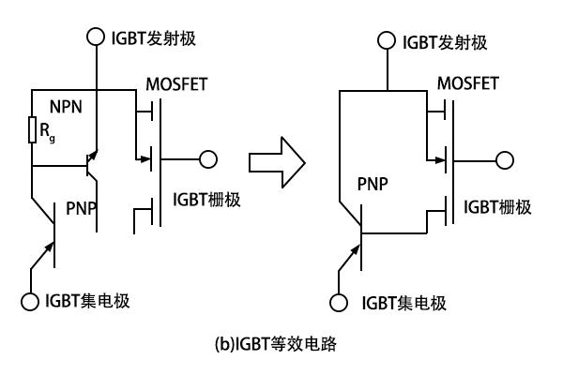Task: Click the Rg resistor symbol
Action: (x=32, y=129)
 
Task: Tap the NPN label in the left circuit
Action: (x=66, y=107)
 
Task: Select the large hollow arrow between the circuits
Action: (x=277, y=162)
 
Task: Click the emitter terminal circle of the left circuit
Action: (x=96, y=37)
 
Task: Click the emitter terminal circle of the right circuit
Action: (x=387, y=40)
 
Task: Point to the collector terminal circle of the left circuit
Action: (x=30, y=302)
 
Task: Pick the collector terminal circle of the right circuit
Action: (x=338, y=303)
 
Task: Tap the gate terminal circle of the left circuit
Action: (x=208, y=159)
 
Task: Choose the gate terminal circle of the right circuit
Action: (x=505, y=160)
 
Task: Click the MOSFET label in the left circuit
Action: (x=176, y=84)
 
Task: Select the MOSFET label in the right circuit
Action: (x=468, y=83)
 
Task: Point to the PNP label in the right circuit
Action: (x=373, y=185)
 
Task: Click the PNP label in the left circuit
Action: (x=82, y=208)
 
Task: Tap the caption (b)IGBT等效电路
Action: (x=276, y=344)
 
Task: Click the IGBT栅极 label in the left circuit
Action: (x=206, y=200)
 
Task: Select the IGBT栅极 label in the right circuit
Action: (x=497, y=207)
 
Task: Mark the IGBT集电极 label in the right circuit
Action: (x=403, y=303)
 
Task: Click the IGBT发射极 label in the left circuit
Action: (x=154, y=38)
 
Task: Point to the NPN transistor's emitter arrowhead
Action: (x=93, y=155)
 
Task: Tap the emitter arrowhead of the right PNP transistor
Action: (x=355, y=250)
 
